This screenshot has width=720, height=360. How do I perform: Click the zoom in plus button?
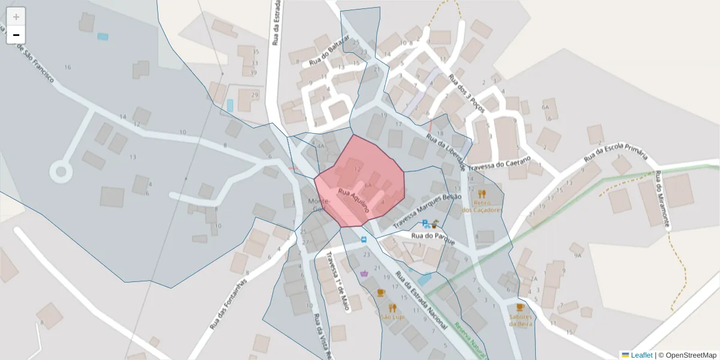[16, 17]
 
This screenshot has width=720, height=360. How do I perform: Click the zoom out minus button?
[16, 35]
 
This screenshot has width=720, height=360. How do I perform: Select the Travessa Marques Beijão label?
[427, 211]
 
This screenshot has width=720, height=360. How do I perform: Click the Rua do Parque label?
[433, 238]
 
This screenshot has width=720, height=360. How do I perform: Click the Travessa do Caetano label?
[499, 163]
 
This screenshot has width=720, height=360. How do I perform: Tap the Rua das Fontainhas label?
[229, 305]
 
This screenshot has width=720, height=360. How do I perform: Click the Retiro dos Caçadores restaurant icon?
[482, 194]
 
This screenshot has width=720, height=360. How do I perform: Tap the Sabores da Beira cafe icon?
[520, 307]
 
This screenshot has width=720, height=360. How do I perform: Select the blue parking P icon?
[425, 224]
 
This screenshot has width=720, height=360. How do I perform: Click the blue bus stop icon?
[364, 239]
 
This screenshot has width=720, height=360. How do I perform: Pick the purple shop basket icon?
[364, 274]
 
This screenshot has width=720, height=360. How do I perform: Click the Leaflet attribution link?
[641, 355]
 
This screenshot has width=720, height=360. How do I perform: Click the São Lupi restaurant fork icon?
[392, 307]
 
